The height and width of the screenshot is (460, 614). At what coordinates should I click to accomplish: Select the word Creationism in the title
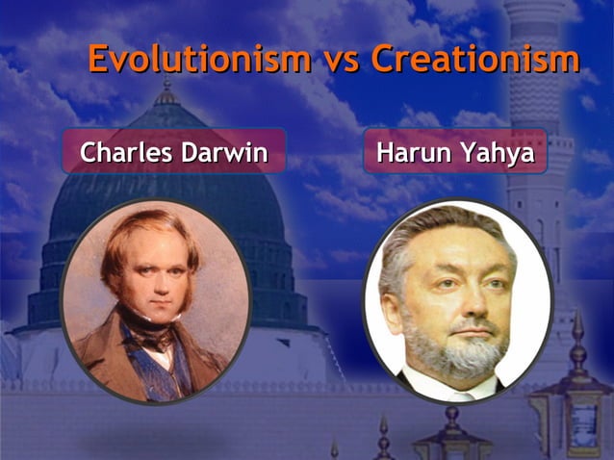[475, 60]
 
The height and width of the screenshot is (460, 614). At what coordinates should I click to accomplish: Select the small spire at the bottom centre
[384, 439]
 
